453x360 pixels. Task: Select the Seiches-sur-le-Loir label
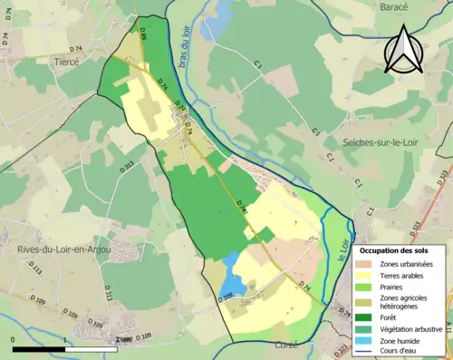(386, 141)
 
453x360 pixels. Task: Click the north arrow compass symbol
(402, 49)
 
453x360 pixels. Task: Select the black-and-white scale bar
(65, 348)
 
